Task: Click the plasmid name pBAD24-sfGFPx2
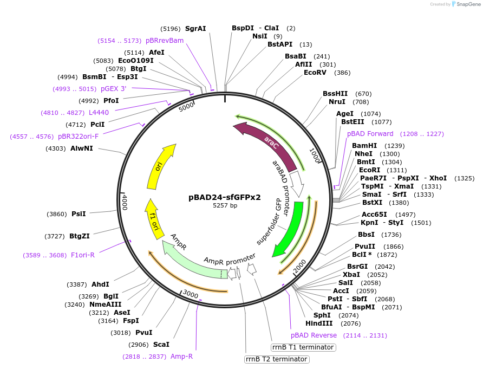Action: (x=225, y=197)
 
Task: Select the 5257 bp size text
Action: (x=225, y=205)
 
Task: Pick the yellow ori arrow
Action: (x=160, y=166)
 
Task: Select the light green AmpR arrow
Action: (x=187, y=258)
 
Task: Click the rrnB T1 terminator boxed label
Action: (x=303, y=347)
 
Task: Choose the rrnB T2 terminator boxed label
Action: (x=277, y=359)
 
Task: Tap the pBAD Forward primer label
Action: (x=370, y=134)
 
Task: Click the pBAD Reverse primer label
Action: (x=314, y=335)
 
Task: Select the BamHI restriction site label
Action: (x=364, y=146)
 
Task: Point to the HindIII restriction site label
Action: (x=319, y=323)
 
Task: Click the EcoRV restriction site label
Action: (x=315, y=73)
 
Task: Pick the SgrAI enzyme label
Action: (x=195, y=28)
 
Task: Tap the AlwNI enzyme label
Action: (x=81, y=148)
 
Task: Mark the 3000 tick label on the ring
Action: (x=190, y=294)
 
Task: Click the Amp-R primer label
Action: (x=181, y=356)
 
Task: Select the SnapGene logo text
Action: (x=466, y=4)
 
